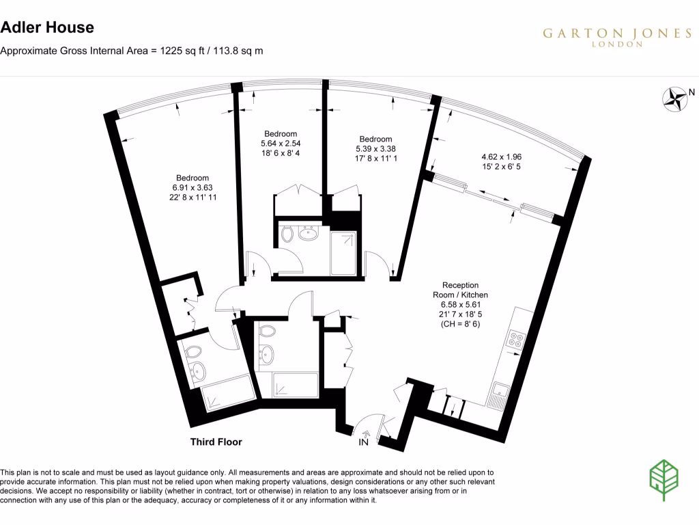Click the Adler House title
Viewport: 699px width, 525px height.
(x=47, y=28)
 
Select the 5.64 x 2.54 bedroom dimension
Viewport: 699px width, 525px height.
(x=281, y=144)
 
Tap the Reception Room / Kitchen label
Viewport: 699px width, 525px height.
(x=461, y=290)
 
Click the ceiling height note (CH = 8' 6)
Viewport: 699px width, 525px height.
(x=461, y=324)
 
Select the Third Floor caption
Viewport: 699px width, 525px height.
(x=216, y=442)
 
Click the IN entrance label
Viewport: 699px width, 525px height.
(x=364, y=443)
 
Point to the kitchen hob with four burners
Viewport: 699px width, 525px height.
(x=515, y=340)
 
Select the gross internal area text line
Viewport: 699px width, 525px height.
(x=132, y=51)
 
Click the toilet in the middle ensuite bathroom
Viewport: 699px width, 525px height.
(x=287, y=235)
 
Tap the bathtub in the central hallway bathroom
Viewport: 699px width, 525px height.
(x=296, y=384)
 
